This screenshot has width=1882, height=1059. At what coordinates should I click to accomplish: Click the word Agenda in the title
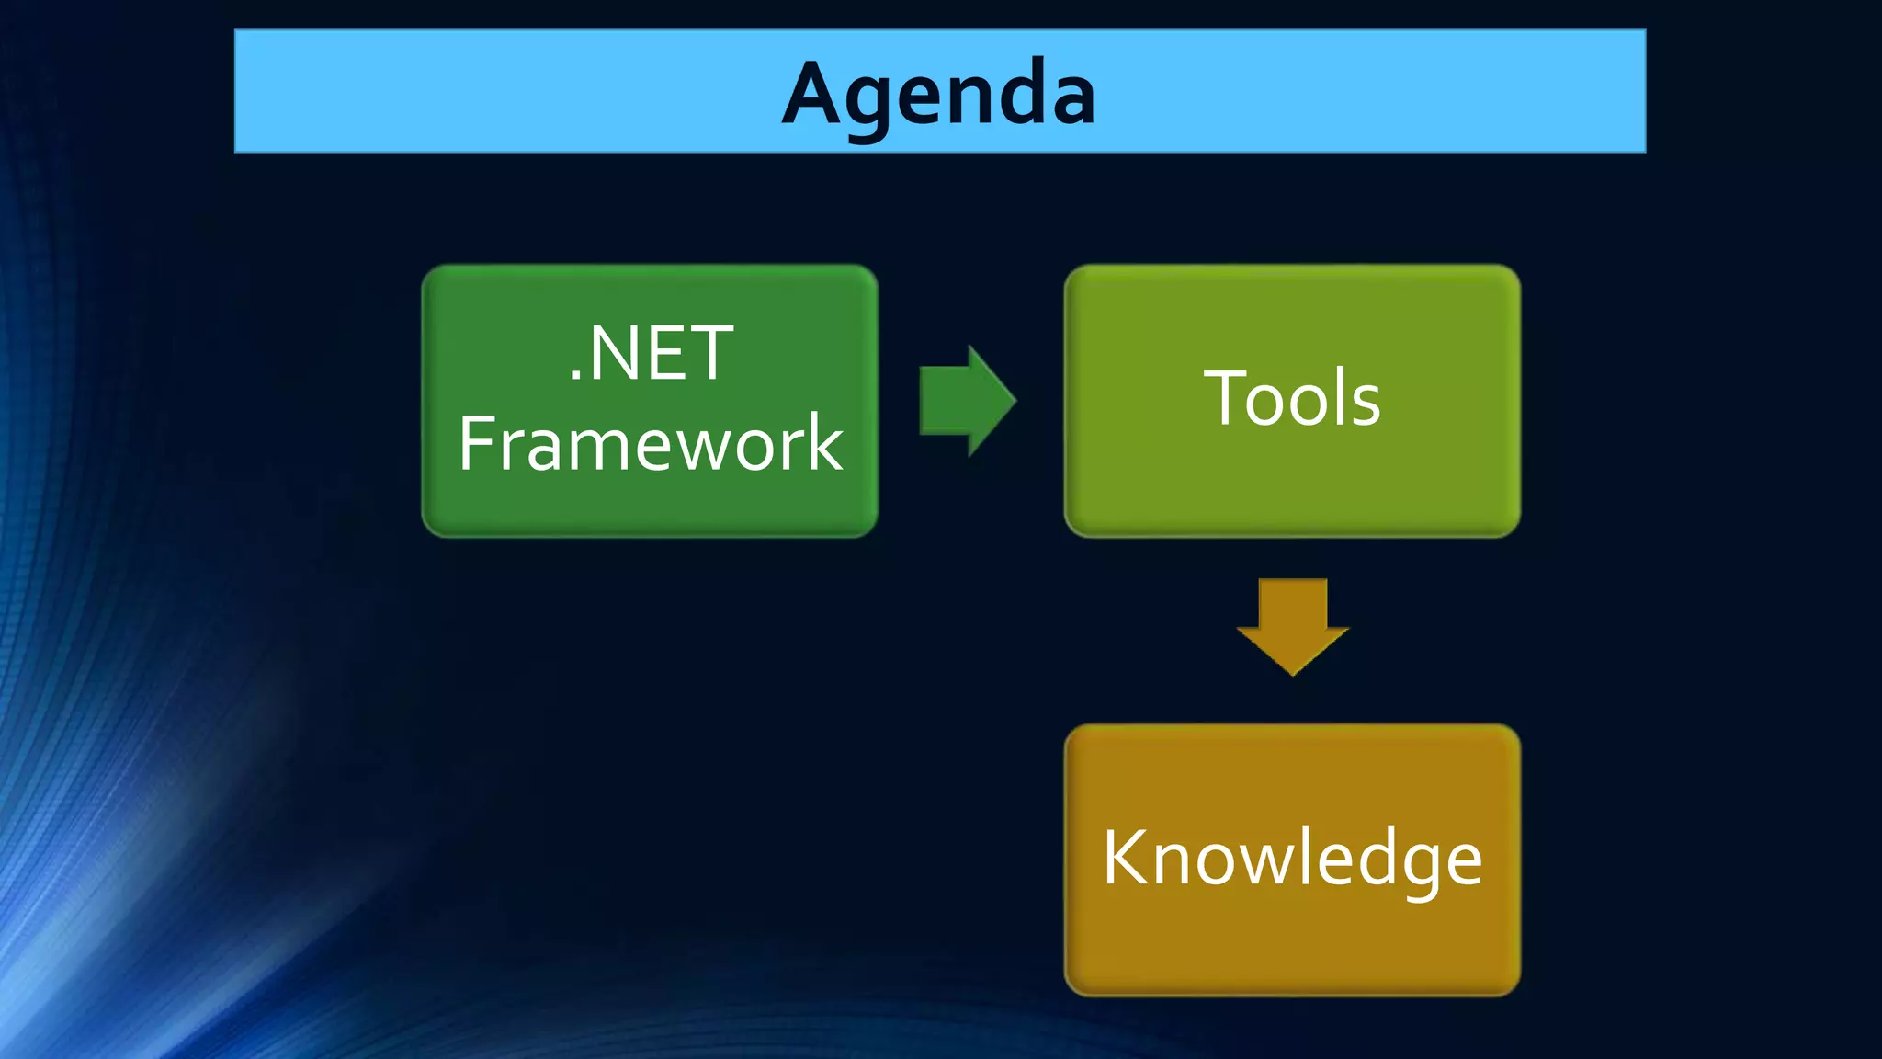pyautogui.click(x=938, y=93)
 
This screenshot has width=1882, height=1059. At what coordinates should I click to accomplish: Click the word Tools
pyautogui.click(x=1291, y=398)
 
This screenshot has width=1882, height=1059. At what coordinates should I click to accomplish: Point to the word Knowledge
pyautogui.click(x=1291, y=858)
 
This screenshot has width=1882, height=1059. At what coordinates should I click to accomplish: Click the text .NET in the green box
pyautogui.click(x=651, y=354)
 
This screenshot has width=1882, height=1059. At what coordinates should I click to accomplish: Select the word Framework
pyautogui.click(x=650, y=444)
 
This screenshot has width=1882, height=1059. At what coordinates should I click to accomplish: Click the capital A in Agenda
pyautogui.click(x=812, y=93)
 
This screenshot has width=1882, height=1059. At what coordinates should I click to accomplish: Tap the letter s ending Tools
pyautogui.click(x=1366, y=404)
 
